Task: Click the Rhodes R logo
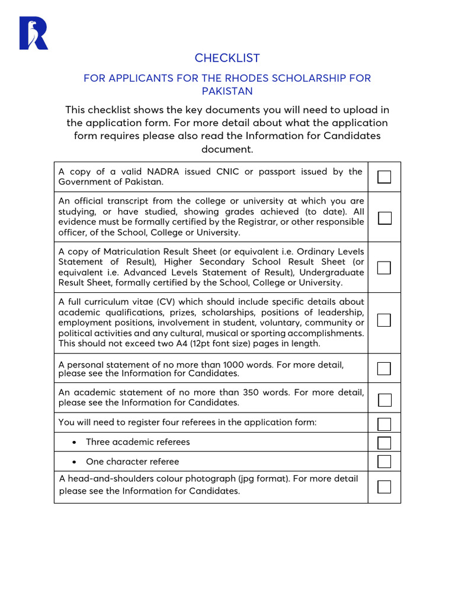33,33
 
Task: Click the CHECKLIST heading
227,58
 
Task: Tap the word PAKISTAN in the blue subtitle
227,91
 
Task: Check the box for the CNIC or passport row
384,177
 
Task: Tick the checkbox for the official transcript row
384,217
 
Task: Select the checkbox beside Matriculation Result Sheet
384,267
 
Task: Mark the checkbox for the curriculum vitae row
384,320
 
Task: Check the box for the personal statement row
384,369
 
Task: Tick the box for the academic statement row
384,399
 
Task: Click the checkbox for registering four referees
384,424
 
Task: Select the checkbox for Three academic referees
384,443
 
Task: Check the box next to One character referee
384,462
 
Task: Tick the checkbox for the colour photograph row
384,487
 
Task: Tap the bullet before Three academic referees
74,442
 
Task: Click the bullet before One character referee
74,462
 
